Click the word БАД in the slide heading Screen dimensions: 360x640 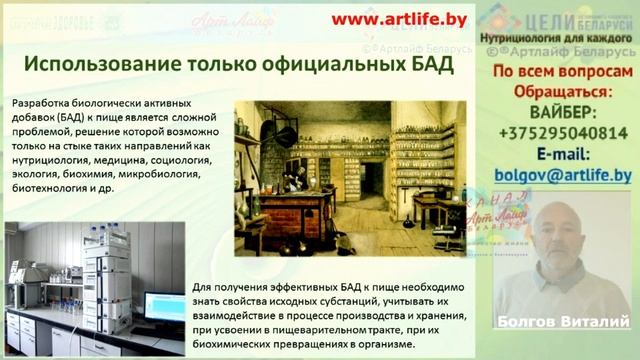click(426, 65)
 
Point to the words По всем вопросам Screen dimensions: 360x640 click(563, 72)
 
